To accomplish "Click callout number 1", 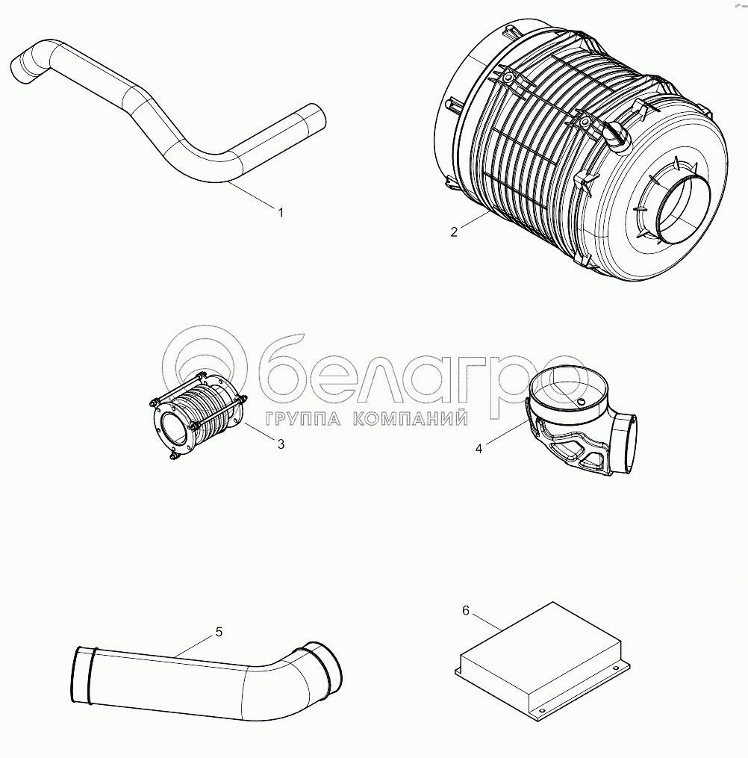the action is coord(280,212).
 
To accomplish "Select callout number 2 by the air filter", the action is coord(454,232).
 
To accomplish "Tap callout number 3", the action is coord(281,444).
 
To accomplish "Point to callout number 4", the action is coord(479,449).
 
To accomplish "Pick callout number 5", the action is coord(219,631).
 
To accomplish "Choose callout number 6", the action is coord(465,611).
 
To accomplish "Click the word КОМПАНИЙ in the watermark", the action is coord(411,418).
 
